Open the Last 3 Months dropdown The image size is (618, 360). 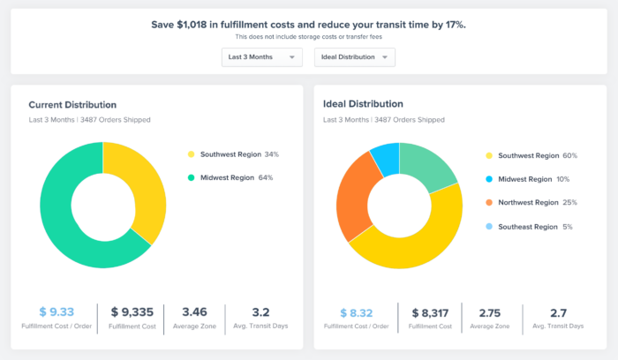tap(261, 57)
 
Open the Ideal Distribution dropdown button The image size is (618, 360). tap(355, 57)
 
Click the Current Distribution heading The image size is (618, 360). tap(72, 104)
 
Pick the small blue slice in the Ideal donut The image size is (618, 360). tap(385, 158)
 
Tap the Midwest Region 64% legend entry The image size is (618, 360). tap(234, 177)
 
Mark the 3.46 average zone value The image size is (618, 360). tap(194, 311)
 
